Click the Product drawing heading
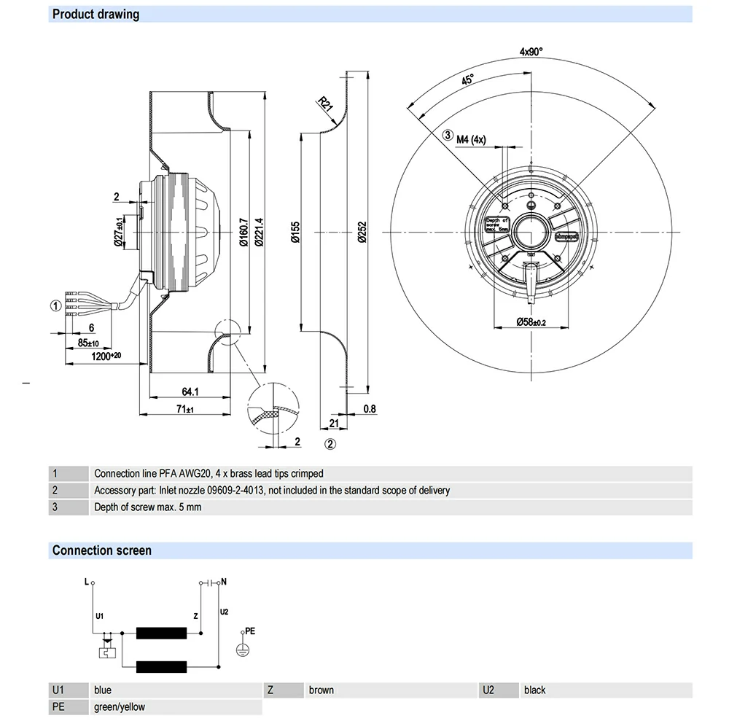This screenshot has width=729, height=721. coord(95,14)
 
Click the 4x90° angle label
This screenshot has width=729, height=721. coord(531,52)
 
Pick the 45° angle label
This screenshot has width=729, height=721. coord(467,79)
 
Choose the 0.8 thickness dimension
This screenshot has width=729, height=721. coord(370,408)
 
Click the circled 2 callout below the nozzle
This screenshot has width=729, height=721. coord(330,443)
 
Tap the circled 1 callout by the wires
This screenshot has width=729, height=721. coord(55,305)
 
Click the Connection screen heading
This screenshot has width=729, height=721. coord(102,550)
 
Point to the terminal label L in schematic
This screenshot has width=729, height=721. coord(86,582)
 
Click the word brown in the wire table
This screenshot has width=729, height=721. coord(321,690)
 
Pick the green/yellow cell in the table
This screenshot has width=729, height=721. coord(120,706)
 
